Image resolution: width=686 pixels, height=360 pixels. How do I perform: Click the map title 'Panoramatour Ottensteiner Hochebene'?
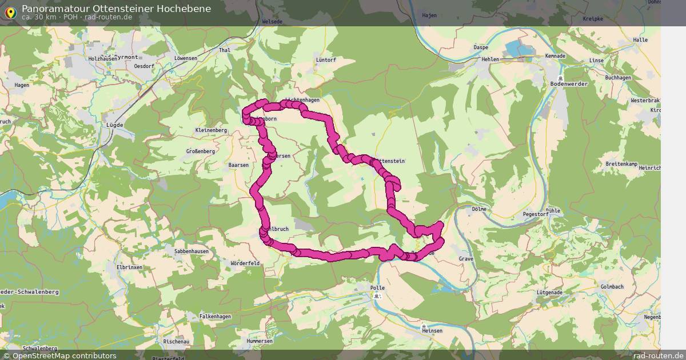tap(116, 9)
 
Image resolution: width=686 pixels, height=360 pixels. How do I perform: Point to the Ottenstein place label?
tap(391, 161)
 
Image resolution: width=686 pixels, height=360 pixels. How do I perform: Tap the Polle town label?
tap(378, 289)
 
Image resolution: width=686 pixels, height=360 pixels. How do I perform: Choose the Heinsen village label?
tap(431, 330)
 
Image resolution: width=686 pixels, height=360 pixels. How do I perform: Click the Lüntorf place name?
tap(325, 59)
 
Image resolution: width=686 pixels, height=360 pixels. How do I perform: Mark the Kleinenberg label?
tap(211, 130)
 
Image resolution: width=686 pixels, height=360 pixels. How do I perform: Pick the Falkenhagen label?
tap(215, 317)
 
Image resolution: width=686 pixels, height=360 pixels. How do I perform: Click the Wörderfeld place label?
tap(245, 263)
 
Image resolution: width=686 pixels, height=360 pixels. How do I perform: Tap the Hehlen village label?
tap(490, 59)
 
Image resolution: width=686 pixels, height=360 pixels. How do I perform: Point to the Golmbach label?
tap(612, 286)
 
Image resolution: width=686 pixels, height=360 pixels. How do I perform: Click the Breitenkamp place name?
tap(621, 164)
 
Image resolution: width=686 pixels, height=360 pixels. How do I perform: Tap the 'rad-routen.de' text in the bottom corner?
tap(659, 355)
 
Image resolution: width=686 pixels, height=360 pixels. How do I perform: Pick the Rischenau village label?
tap(176, 341)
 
